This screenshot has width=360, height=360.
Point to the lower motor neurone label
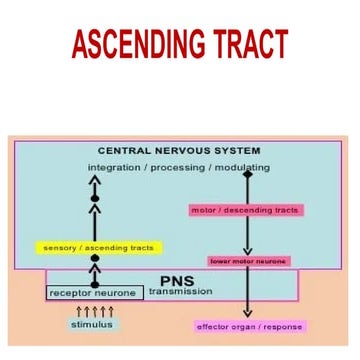(248, 261)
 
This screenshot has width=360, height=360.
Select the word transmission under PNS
(181, 292)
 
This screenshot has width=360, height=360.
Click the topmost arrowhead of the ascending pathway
(96, 181)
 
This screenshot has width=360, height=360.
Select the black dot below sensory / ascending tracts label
(96, 258)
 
